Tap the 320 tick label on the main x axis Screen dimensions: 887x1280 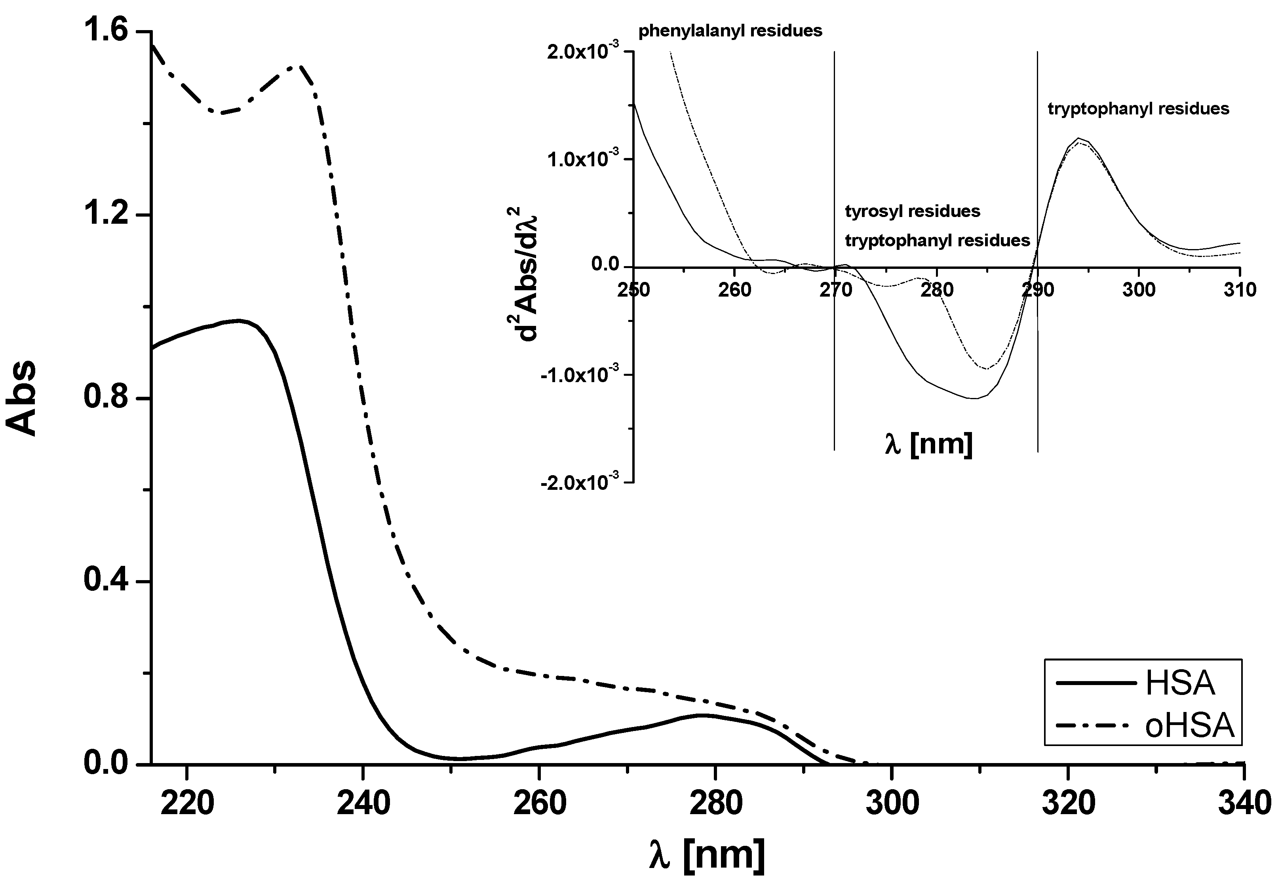[1068, 803]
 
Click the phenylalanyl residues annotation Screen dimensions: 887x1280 [730, 30]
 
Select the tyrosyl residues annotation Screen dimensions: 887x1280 [912, 211]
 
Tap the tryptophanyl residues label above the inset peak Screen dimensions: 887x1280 [1138, 108]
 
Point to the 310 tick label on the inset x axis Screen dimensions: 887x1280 [1240, 289]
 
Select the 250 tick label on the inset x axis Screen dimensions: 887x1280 [634, 289]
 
